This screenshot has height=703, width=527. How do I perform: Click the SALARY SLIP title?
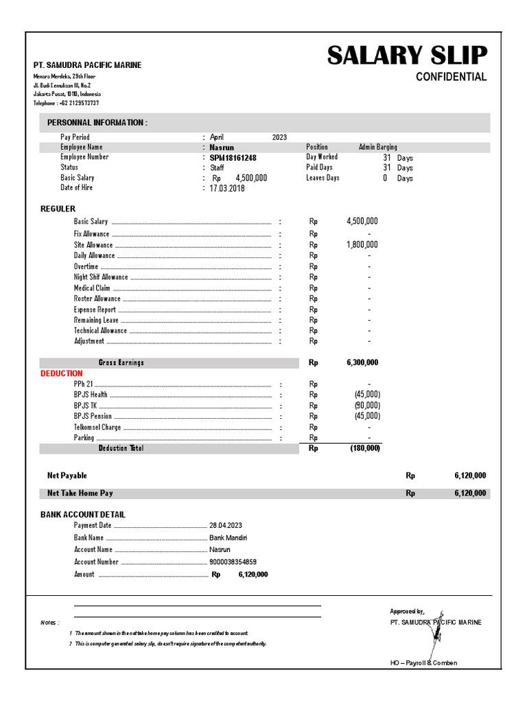coord(407,56)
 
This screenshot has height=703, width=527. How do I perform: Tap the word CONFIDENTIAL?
coord(451,77)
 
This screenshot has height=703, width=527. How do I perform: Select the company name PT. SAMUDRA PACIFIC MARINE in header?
coord(88,65)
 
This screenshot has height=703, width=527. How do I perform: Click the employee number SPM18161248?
coord(233,158)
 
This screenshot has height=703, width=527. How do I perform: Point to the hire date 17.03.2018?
coord(227,188)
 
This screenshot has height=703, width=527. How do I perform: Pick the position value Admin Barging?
coord(377,147)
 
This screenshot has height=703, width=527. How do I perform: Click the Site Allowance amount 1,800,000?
coord(362,244)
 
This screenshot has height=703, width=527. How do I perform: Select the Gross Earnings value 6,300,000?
coord(362,362)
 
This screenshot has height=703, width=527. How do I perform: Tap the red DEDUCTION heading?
coord(62,373)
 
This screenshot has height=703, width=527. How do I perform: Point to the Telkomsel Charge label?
coord(97,427)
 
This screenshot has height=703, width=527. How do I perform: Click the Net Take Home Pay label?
coord(80,493)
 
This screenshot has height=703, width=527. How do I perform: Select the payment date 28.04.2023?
coord(226,525)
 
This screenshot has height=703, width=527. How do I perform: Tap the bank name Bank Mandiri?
coord(229,538)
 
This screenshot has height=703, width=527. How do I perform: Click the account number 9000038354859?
coord(233,562)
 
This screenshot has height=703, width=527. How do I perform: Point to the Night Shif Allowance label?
coord(101,277)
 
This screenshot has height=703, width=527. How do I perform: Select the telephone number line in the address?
coord(67,103)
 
